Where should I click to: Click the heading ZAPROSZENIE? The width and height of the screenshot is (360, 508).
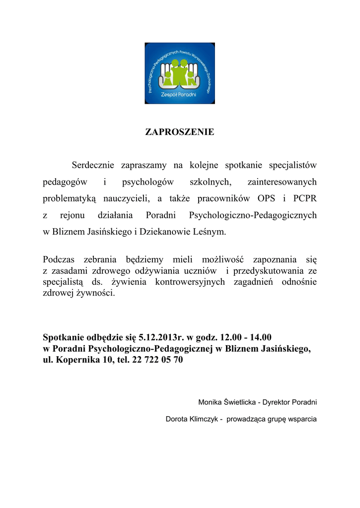[179, 132]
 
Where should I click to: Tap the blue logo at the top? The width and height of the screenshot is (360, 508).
[179, 73]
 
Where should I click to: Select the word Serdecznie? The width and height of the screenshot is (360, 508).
[93, 165]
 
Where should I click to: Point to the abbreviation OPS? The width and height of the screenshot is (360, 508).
[266, 199]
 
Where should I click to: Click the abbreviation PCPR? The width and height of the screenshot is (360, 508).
[303, 199]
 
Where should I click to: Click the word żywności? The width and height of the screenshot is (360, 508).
[93, 293]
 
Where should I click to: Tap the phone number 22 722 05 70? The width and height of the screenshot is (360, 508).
[157, 361]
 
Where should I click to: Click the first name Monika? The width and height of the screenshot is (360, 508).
[210, 402]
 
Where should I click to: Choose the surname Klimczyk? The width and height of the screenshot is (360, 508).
[204, 419]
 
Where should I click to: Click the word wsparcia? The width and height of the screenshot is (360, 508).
[300, 419]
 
